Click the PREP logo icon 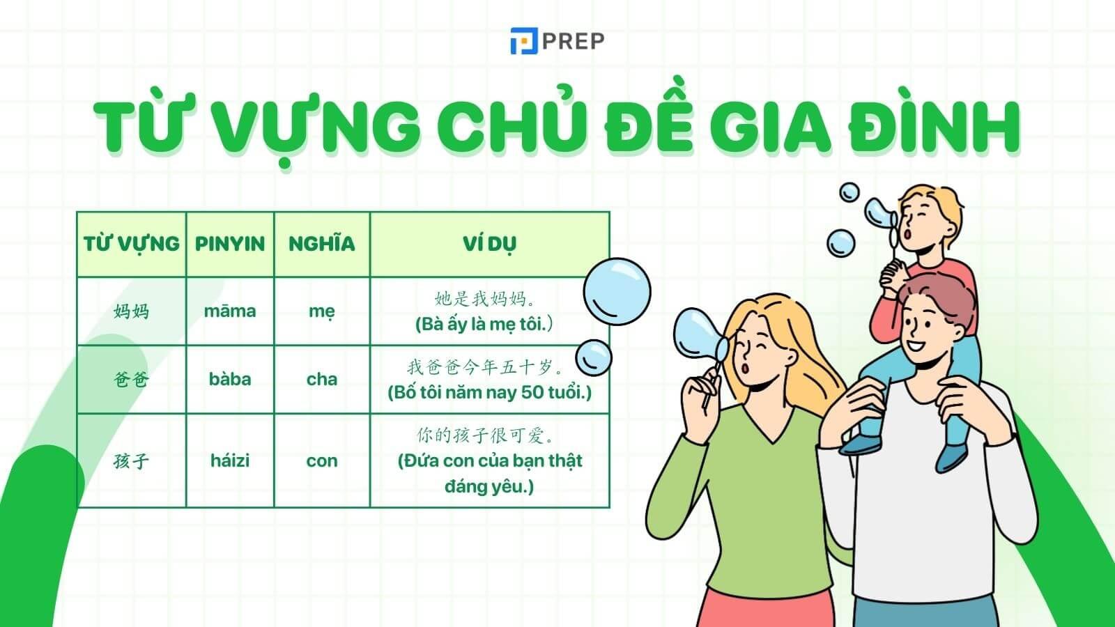pos(523,42)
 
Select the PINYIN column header pos(230,244)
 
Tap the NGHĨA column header pos(321,244)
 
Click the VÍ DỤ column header pos(489,244)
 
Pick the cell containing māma pos(230,311)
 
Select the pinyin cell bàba pos(230,379)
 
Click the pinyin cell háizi pos(230,460)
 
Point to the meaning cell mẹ pos(321,311)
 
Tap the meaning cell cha pos(321,379)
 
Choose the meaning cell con pos(321,460)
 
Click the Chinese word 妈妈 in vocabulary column pos(131,311)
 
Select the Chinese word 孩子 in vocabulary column pos(131,460)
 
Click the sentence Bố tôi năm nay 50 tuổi pos(489,392)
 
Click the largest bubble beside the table pos(617,291)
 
